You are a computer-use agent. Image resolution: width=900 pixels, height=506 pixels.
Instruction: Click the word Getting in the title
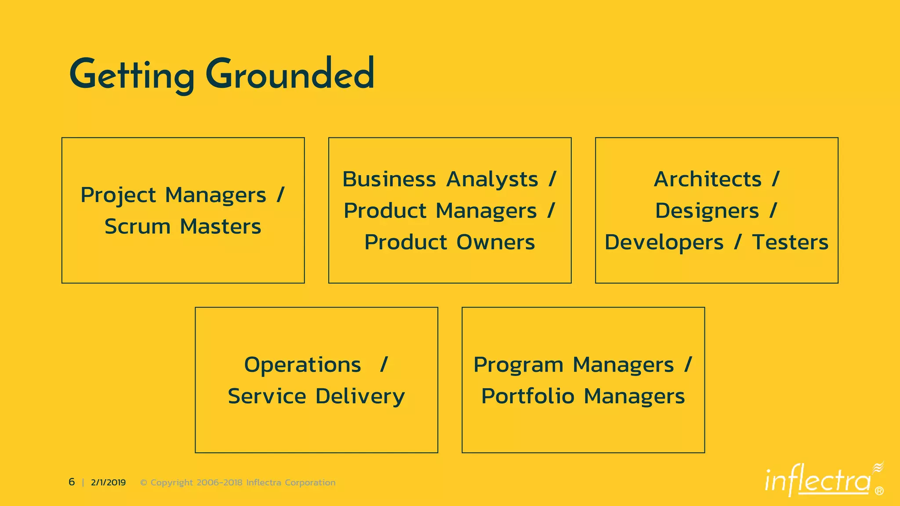(x=132, y=76)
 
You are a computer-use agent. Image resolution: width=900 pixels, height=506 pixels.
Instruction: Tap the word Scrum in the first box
(x=137, y=227)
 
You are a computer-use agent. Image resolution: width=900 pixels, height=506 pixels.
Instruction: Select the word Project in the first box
(x=118, y=195)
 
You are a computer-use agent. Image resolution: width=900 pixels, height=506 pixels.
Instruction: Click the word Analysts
(x=492, y=180)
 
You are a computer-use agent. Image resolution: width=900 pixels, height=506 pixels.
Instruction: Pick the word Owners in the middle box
(x=495, y=242)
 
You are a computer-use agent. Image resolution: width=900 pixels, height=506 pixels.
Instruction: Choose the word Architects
(x=708, y=179)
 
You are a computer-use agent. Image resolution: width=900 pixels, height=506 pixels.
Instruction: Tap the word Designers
(x=707, y=211)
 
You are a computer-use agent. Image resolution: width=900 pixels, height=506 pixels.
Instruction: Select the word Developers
(x=664, y=242)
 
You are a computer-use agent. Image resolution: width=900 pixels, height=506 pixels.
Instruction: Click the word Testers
(x=790, y=242)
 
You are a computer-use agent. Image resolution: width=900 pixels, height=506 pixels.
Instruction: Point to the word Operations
(x=302, y=365)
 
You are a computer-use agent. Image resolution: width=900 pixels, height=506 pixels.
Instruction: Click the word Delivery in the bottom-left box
(x=360, y=397)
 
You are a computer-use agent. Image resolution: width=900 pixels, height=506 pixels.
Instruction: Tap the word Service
(x=267, y=396)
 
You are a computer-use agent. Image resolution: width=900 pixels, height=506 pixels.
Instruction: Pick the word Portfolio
(x=528, y=396)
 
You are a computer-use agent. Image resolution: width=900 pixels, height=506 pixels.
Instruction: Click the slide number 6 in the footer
(x=72, y=482)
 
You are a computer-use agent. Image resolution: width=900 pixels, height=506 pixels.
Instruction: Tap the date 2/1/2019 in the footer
(x=108, y=482)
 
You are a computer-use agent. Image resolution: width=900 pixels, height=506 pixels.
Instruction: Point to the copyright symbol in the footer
(x=143, y=483)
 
